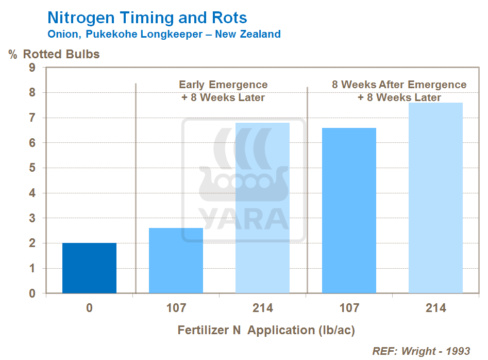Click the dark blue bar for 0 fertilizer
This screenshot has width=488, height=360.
click(x=90, y=268)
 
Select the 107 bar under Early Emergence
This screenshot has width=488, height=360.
click(x=176, y=260)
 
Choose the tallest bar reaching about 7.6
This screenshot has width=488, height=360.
click(x=435, y=198)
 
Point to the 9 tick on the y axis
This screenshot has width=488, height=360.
click(x=32, y=68)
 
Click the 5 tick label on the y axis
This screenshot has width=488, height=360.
click(x=32, y=168)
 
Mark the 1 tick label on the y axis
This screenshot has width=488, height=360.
click(x=32, y=269)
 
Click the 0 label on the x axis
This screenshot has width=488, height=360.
click(x=90, y=308)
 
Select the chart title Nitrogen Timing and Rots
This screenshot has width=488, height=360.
click(x=147, y=18)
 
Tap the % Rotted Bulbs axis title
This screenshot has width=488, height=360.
click(x=54, y=54)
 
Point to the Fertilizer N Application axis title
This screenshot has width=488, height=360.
click(x=266, y=330)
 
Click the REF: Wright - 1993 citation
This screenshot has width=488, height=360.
click(x=421, y=351)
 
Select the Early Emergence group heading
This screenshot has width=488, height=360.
click(x=223, y=85)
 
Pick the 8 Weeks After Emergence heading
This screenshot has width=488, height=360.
click(x=399, y=85)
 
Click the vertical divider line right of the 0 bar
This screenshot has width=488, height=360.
click(x=136, y=188)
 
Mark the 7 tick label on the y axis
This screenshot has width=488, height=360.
click(x=32, y=118)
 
